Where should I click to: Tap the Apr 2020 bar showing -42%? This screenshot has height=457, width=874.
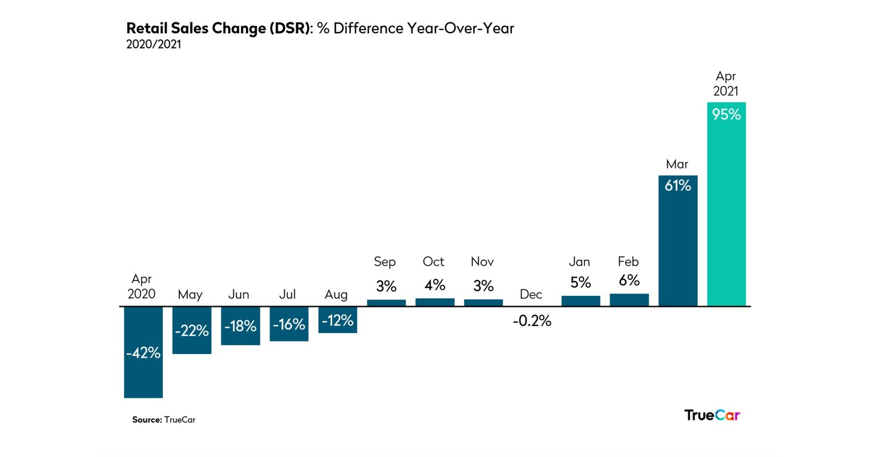(143, 352)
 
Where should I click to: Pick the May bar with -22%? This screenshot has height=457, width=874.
(192, 330)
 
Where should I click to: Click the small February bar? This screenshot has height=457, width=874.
(629, 300)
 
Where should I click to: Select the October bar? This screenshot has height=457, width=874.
(435, 302)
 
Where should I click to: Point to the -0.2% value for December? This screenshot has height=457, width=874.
(532, 321)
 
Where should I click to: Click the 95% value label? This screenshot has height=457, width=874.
(726, 115)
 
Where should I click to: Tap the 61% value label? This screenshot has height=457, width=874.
(677, 186)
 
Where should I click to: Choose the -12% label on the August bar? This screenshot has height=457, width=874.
(338, 320)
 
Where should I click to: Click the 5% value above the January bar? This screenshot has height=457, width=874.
(580, 283)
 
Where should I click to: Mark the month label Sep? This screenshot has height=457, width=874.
(384, 262)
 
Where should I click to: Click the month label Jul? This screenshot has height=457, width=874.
(287, 294)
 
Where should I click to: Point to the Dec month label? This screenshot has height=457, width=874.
(531, 294)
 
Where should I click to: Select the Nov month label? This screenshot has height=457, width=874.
(482, 262)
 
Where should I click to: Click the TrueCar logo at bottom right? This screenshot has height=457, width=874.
(712, 415)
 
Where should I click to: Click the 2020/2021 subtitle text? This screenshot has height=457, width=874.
(153, 45)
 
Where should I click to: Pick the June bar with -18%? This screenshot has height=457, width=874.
(240, 326)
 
